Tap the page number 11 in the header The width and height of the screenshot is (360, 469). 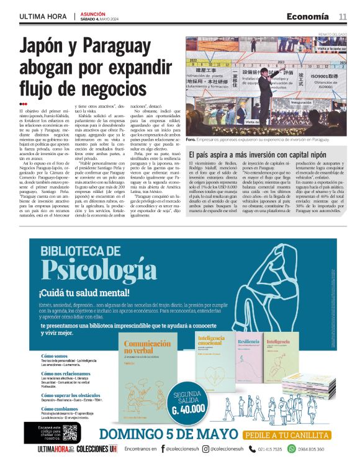pos(343,16)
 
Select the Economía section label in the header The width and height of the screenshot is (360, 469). pos(307,16)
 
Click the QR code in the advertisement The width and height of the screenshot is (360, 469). pos(70,432)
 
